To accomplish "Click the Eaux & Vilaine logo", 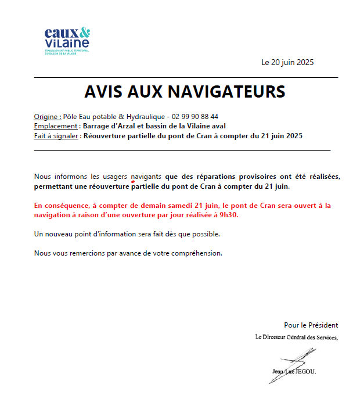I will (x=67, y=38).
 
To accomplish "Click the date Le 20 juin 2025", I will (x=287, y=63).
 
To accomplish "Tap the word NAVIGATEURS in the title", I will (x=227, y=91).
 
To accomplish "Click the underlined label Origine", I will (x=48, y=117).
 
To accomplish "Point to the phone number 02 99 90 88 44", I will (x=195, y=117).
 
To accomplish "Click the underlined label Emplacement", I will (x=56, y=126).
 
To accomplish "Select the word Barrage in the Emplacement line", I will (x=97, y=126).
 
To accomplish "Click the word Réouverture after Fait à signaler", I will (x=105, y=136).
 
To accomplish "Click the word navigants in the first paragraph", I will (x=146, y=176).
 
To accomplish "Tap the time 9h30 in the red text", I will (x=229, y=215).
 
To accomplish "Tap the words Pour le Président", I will (x=311, y=325).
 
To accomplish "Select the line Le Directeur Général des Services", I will (x=296, y=337).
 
